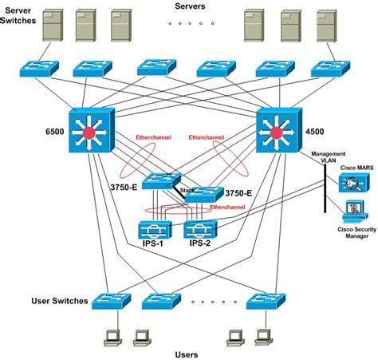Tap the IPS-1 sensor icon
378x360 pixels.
coord(155,230)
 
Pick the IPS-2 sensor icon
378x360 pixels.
coord(200,229)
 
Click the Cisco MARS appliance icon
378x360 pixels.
coord(354,183)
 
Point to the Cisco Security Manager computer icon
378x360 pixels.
coord(355,212)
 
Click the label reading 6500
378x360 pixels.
coord(55,132)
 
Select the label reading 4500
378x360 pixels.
coord(315,132)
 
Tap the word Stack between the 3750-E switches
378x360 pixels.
coord(187,190)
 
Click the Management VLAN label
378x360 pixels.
coord(329,157)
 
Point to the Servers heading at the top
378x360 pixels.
coord(190,6)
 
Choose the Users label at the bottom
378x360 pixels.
coord(187,354)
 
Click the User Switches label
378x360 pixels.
coord(60,301)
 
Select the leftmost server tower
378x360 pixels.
coord(53,26)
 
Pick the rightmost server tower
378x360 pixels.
coord(327,26)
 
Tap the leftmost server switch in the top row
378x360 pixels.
coord(39,69)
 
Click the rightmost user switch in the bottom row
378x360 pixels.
coord(266,301)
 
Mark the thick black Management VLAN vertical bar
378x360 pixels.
coord(325,188)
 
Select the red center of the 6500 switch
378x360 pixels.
coord(89,133)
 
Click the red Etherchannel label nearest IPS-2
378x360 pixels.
coord(227,207)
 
